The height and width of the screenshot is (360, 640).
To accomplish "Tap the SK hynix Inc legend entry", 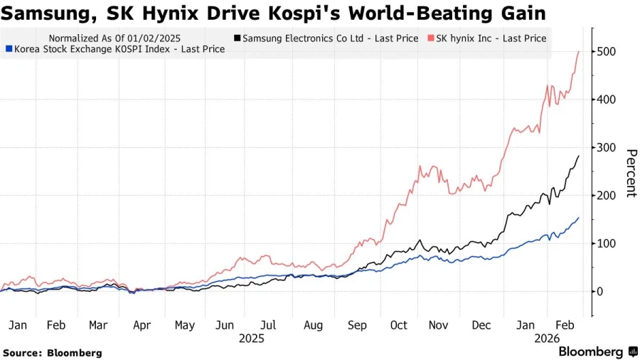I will (490, 38).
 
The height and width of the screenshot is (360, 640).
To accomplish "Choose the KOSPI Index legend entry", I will (114, 49).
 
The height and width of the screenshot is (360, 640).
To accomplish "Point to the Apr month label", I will (142, 325).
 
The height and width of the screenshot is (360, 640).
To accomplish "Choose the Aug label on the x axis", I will (314, 325).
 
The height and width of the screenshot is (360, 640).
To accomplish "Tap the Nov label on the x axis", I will (439, 325).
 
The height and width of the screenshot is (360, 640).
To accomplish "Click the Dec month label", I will (482, 325).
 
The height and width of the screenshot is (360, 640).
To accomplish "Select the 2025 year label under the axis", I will (251, 339).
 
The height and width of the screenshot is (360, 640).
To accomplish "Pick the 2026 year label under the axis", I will (549, 339).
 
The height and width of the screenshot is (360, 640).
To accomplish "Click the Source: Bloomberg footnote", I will (53, 352).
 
